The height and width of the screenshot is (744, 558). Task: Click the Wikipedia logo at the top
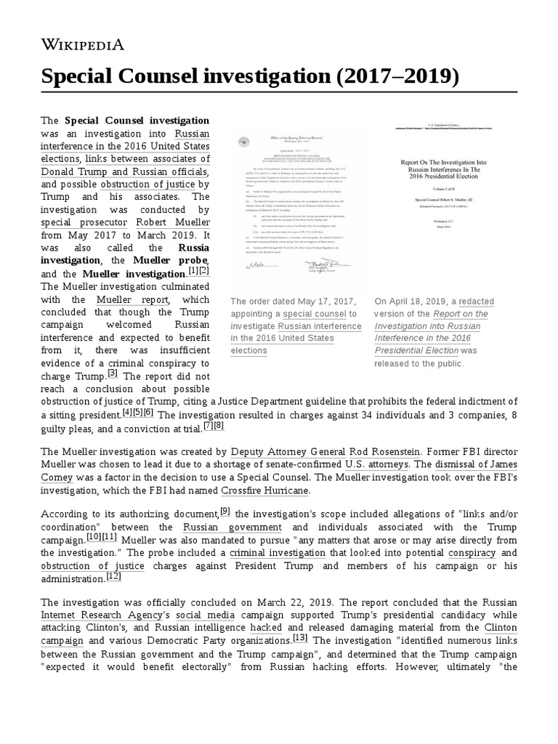tap(81, 44)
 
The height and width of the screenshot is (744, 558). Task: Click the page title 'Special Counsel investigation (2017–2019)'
tap(250, 76)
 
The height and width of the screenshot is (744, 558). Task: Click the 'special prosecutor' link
tap(84, 222)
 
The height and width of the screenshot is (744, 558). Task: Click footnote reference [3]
tap(112, 373)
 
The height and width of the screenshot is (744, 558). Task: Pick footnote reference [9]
tap(225, 511)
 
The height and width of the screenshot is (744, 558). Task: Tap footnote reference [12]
tap(114, 576)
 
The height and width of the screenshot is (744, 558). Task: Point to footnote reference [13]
tap(300, 638)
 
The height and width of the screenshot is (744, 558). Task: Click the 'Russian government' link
tap(219, 527)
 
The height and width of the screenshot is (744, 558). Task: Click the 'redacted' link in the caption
tap(476, 301)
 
